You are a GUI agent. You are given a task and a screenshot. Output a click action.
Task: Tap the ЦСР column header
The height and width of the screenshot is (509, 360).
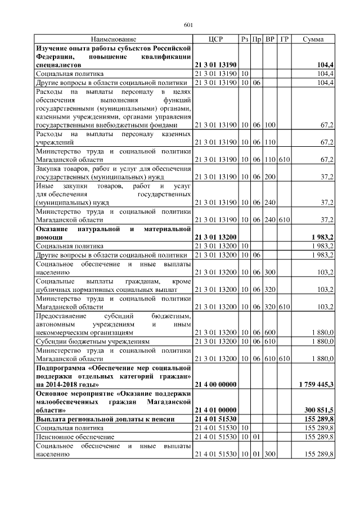[215, 39]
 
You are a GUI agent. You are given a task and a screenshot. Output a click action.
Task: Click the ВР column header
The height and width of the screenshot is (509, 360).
[270, 39]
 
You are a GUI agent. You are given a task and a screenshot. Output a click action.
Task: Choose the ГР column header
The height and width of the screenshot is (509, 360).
[285, 39]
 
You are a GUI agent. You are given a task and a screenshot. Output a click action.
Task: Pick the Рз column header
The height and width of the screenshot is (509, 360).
[245, 39]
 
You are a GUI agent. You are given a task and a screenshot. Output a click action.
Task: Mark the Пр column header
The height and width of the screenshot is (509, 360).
[257, 39]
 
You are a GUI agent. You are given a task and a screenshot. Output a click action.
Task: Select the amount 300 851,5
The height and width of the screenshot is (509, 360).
[318, 410]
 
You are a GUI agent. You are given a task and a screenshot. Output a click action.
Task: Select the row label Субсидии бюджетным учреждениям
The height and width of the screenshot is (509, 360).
[93, 341]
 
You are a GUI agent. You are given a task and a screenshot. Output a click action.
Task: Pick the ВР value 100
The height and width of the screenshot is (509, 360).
[270, 125]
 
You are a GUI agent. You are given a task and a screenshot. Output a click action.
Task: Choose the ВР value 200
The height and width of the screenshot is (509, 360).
[270, 176]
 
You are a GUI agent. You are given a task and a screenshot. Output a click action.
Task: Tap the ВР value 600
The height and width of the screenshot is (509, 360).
[270, 332]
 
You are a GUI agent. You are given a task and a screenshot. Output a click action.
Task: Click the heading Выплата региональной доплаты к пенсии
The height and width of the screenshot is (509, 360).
[104, 419]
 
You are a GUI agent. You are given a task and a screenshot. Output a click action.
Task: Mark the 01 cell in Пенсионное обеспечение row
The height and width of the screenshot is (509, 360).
[257, 436]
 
